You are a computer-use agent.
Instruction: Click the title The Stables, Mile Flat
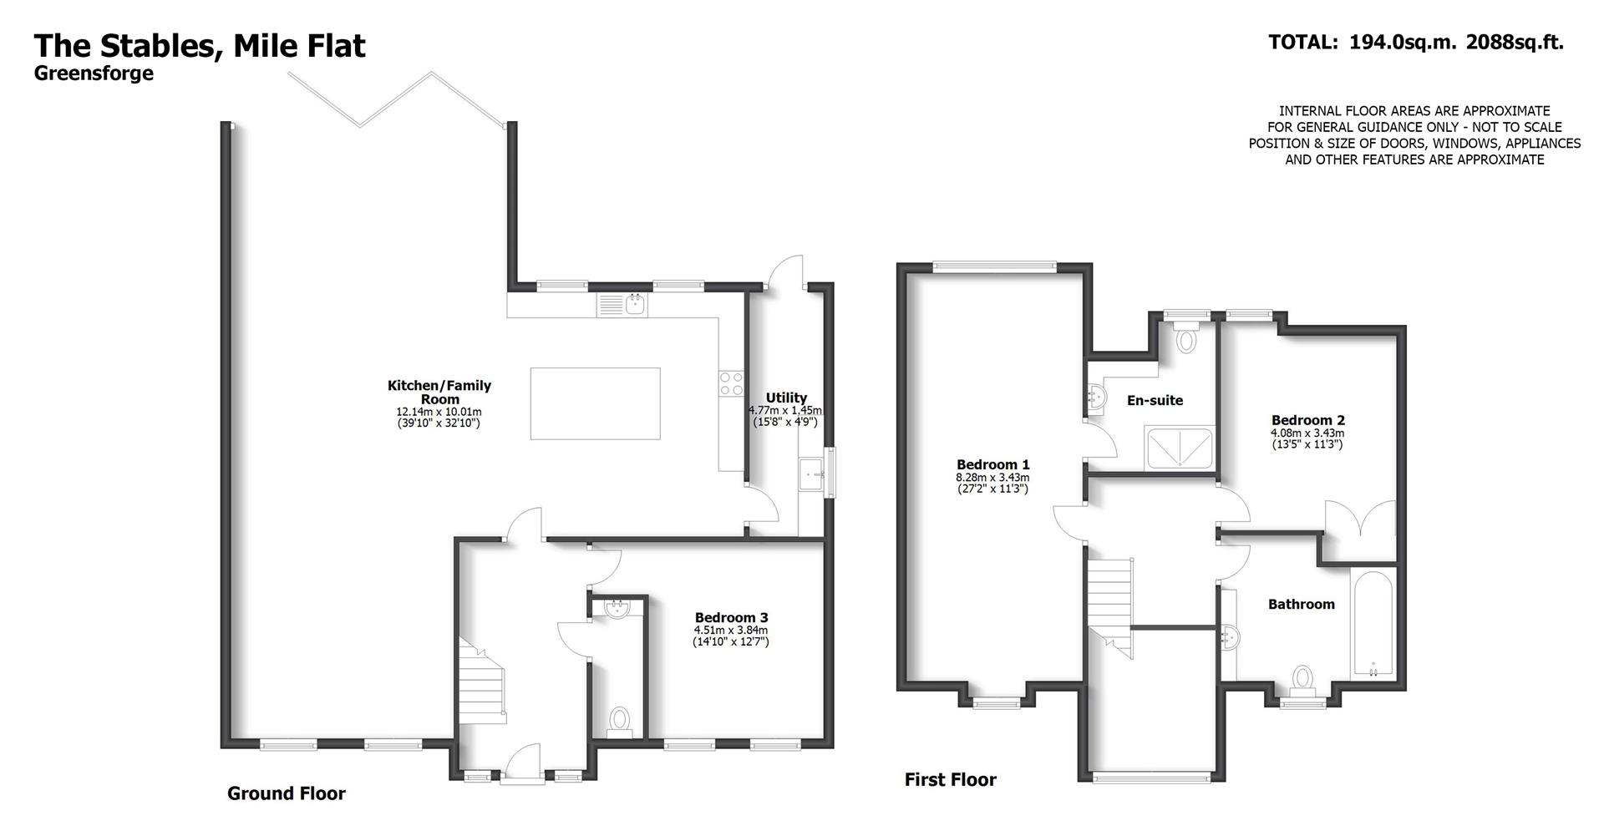[200, 45]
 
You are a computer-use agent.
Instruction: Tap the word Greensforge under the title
[94, 73]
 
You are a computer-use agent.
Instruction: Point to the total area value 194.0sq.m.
[1403, 42]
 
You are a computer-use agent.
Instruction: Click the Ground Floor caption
[287, 793]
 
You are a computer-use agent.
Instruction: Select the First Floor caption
[951, 780]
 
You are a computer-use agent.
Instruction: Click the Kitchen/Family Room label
[439, 393]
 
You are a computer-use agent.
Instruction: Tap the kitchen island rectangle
[595, 403]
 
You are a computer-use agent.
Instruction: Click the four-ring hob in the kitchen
[731, 383]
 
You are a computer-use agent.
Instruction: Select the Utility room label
[786, 398]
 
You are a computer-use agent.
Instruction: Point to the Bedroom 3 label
[731, 618]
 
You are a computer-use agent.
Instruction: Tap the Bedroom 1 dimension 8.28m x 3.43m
[992, 477]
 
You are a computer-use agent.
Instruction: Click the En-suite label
[1155, 401]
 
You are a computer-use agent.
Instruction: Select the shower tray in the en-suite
[1180, 448]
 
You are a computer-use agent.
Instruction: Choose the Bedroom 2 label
[1307, 420]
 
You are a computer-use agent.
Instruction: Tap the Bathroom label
[1301, 604]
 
